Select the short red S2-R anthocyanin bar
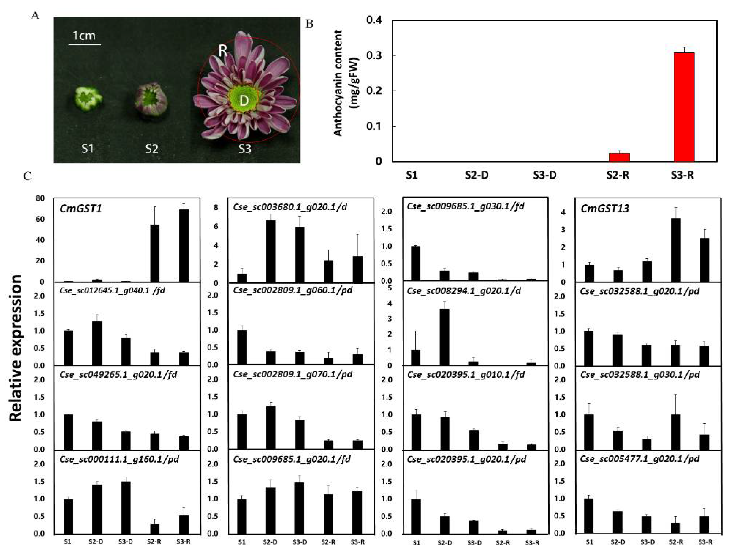click(x=619, y=157)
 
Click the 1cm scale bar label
click(x=84, y=35)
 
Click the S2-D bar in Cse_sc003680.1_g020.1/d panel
click(x=271, y=251)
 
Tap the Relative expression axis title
click(x=16, y=347)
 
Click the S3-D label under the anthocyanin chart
click(x=544, y=175)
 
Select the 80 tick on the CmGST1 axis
click(x=40, y=198)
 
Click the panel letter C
click(x=28, y=176)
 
